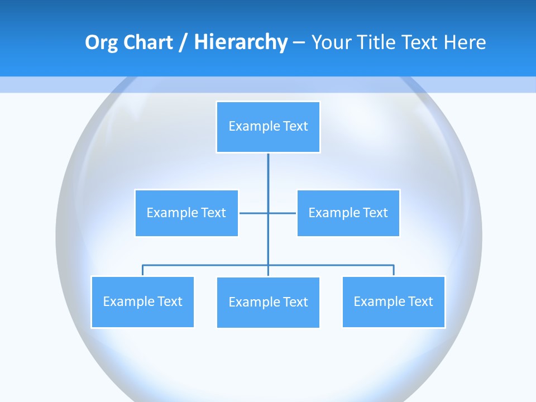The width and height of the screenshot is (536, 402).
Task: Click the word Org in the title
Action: point(101,42)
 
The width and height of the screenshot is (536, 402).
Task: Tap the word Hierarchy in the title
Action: point(240,42)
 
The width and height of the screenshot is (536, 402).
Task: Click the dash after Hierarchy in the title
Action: point(299,43)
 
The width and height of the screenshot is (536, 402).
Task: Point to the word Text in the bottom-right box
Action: point(420,301)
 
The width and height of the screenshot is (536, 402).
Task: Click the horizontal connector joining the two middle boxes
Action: point(254,213)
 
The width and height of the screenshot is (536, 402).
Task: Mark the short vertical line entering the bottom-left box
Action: point(142,270)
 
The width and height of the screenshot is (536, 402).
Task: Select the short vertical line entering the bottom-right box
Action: point(394,270)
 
